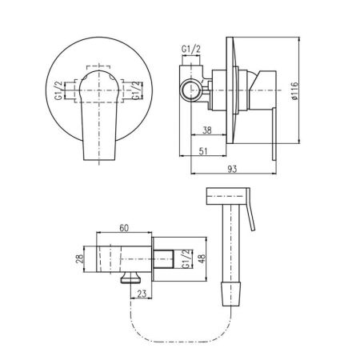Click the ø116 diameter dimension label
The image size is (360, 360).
[x=294, y=91]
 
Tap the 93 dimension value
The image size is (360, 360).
[x=232, y=169]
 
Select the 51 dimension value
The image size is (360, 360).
[x=203, y=151]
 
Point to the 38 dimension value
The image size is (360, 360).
[x=207, y=130]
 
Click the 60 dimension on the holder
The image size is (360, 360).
[x=124, y=228]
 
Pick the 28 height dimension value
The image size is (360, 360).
[x=80, y=259]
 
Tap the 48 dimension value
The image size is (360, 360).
[x=202, y=258]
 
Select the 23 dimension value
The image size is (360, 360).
[x=142, y=294]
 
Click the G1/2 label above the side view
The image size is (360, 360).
[x=191, y=49]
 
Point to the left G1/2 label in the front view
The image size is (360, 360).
[x=58, y=90]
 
